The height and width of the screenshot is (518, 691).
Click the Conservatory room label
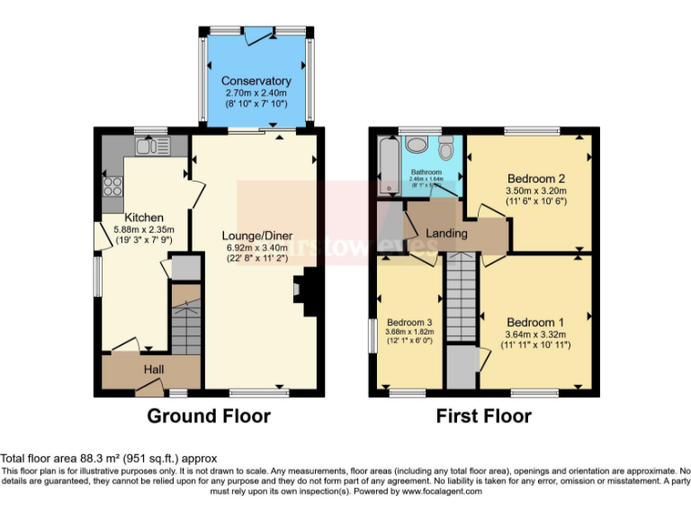[x=256, y=81]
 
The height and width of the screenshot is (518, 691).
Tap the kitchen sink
[x=146, y=146]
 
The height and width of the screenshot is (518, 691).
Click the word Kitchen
[x=144, y=218]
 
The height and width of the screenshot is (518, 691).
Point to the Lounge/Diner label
[x=256, y=237]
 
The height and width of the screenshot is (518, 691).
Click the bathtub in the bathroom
[x=388, y=164]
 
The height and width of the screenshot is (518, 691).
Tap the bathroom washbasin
[x=415, y=147]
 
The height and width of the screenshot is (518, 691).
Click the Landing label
[x=447, y=234]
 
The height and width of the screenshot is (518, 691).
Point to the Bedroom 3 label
[x=409, y=322]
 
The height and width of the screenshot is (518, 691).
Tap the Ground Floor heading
[x=208, y=416]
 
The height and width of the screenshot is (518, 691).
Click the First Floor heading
[x=483, y=416]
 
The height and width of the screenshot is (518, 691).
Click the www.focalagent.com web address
[x=442, y=492]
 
